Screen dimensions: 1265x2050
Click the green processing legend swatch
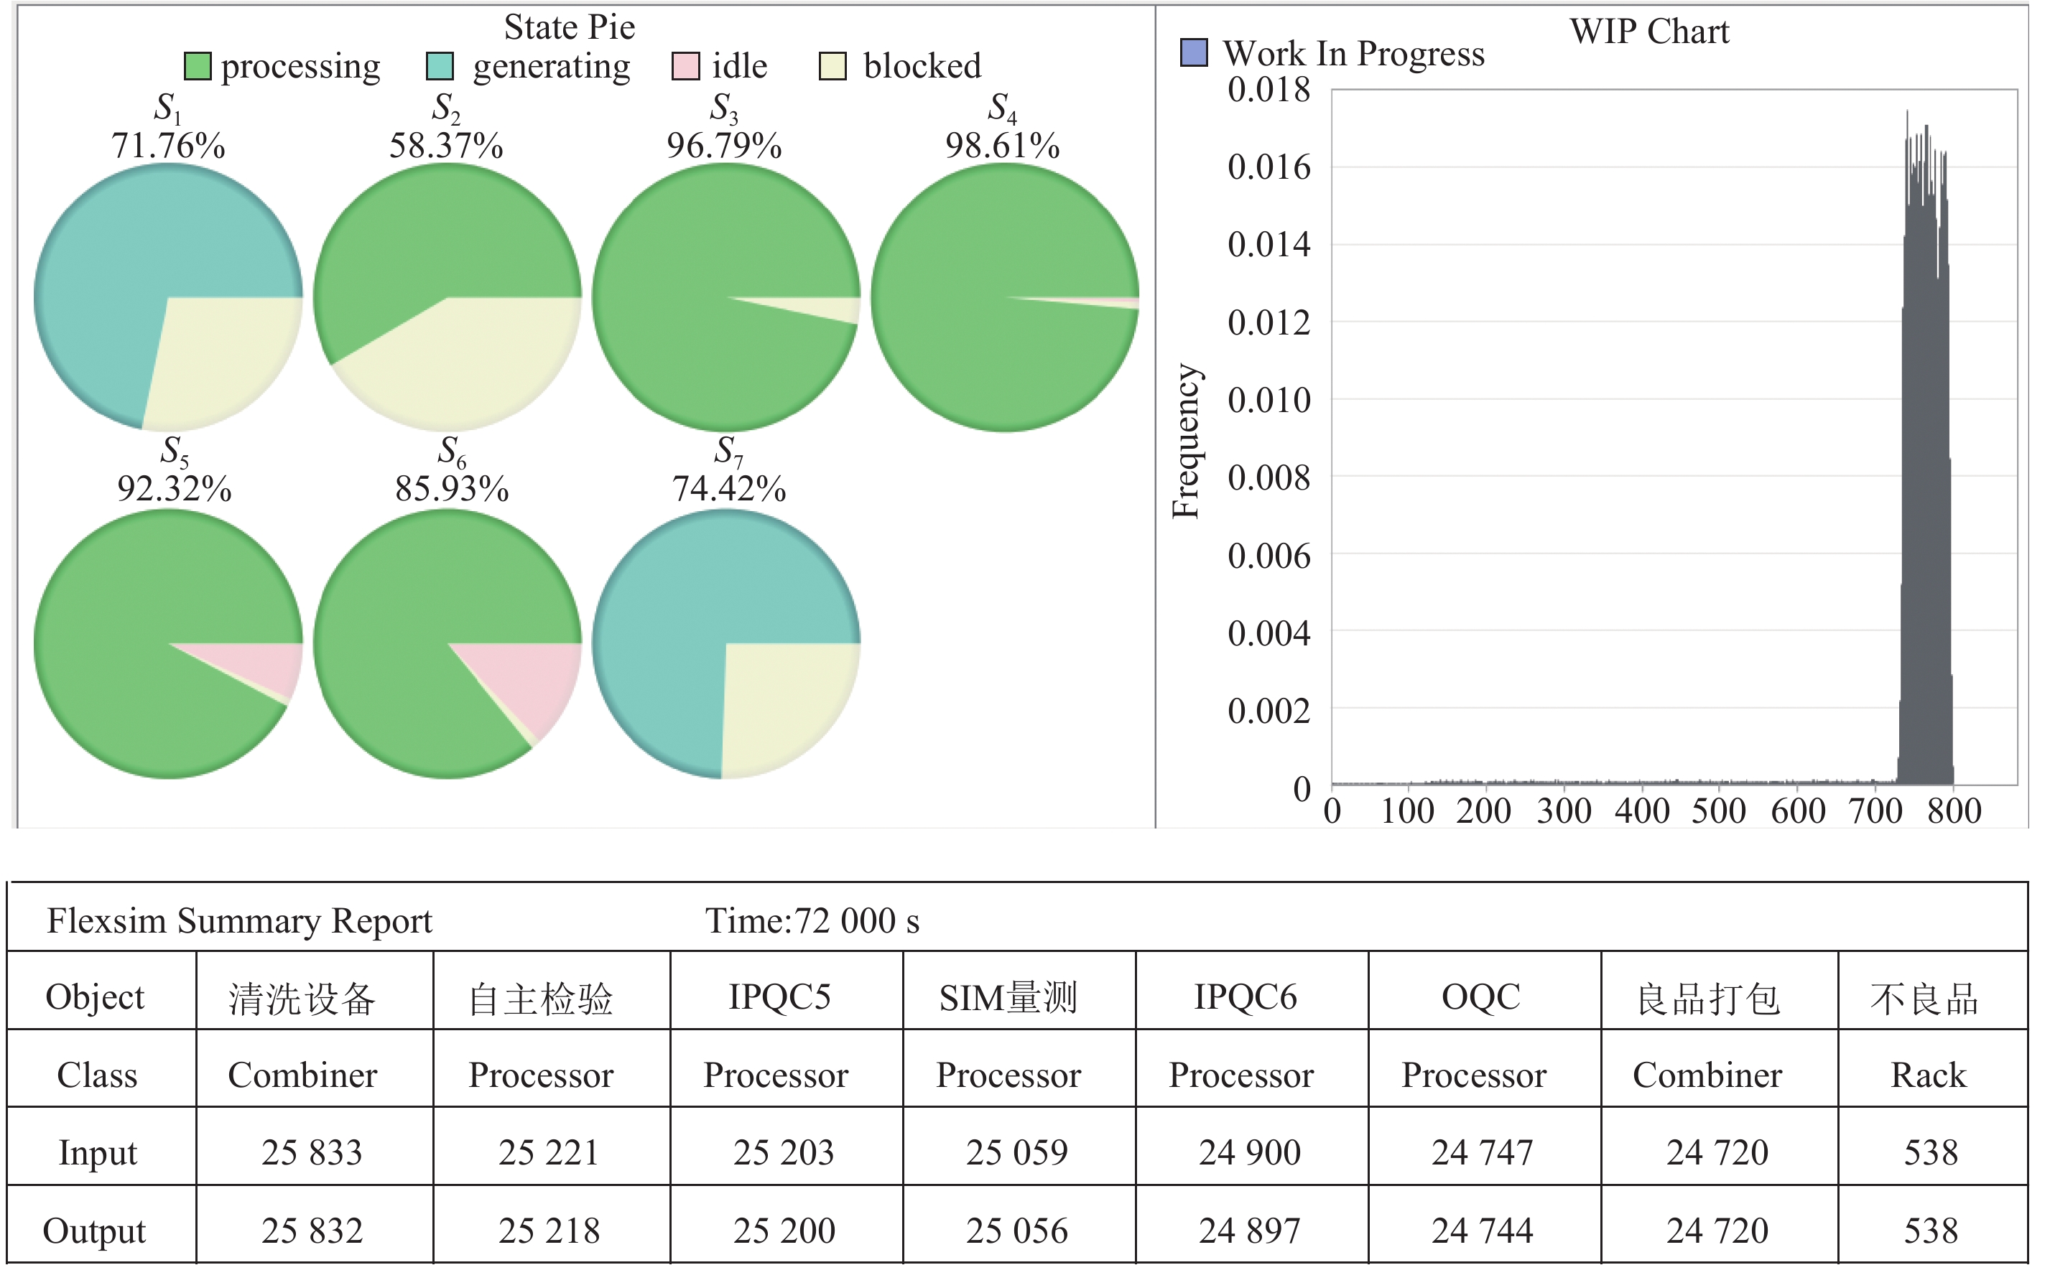tap(198, 66)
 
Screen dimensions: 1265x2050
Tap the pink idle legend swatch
tap(685, 66)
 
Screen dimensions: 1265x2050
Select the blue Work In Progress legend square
tap(1193, 52)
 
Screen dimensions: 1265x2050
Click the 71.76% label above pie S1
tap(168, 146)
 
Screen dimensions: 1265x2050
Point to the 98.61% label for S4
tap(1002, 146)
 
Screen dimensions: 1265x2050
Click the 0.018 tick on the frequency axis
tap(1269, 90)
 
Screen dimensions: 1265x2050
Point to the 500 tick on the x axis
tap(1719, 810)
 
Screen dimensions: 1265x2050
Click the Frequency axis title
tap(1185, 441)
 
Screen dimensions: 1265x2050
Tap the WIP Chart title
tap(1648, 32)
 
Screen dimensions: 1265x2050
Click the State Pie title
tap(569, 27)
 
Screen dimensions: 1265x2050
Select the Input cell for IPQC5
tap(784, 1152)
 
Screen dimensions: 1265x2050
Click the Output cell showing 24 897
tap(1250, 1230)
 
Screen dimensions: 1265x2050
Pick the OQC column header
tap(1481, 996)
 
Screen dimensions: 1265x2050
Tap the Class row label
tap(97, 1074)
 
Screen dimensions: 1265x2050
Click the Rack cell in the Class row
tap(1929, 1074)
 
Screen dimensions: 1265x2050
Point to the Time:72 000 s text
tap(812, 920)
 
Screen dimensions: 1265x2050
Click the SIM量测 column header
tap(1008, 996)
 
